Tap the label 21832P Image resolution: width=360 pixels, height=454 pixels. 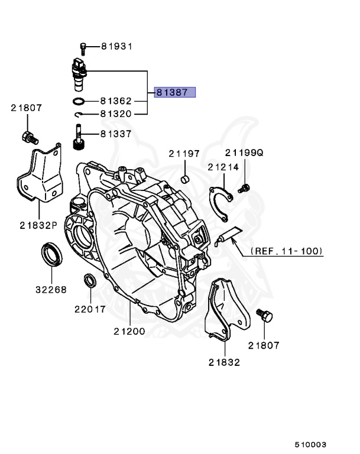38,225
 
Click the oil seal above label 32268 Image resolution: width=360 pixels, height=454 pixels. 52,254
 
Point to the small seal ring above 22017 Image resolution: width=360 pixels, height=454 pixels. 90,280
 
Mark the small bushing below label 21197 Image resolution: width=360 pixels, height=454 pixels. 185,179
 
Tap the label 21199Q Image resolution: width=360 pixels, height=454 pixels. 244,153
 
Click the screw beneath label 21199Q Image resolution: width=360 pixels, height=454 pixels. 243,189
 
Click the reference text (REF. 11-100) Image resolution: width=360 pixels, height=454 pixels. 287,251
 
